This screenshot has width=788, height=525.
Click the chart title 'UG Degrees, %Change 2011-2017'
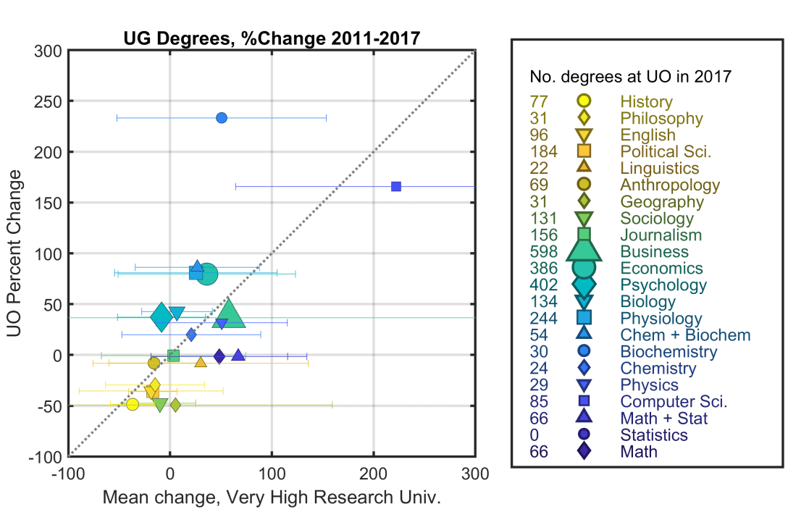point(271,38)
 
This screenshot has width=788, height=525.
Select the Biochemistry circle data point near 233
point(222,118)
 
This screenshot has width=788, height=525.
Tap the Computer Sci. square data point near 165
point(396,187)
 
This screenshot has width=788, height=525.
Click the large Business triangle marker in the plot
point(230,314)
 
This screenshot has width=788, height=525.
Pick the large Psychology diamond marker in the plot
point(162,316)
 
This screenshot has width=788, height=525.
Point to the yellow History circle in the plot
point(133,404)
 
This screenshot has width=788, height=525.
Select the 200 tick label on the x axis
point(374,474)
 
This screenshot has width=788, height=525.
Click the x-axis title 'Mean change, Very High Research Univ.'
point(271,498)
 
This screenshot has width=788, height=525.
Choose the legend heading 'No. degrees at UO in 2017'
point(630,77)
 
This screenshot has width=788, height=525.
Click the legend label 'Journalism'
point(661,235)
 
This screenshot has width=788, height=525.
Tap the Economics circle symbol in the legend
point(584,269)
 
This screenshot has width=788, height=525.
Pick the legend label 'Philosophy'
point(661,119)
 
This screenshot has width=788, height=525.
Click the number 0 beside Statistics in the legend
point(535,435)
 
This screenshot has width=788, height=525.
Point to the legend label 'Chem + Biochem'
point(685,335)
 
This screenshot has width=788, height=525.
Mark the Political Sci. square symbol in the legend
point(584,152)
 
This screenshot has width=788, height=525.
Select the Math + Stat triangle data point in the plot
point(238,355)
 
